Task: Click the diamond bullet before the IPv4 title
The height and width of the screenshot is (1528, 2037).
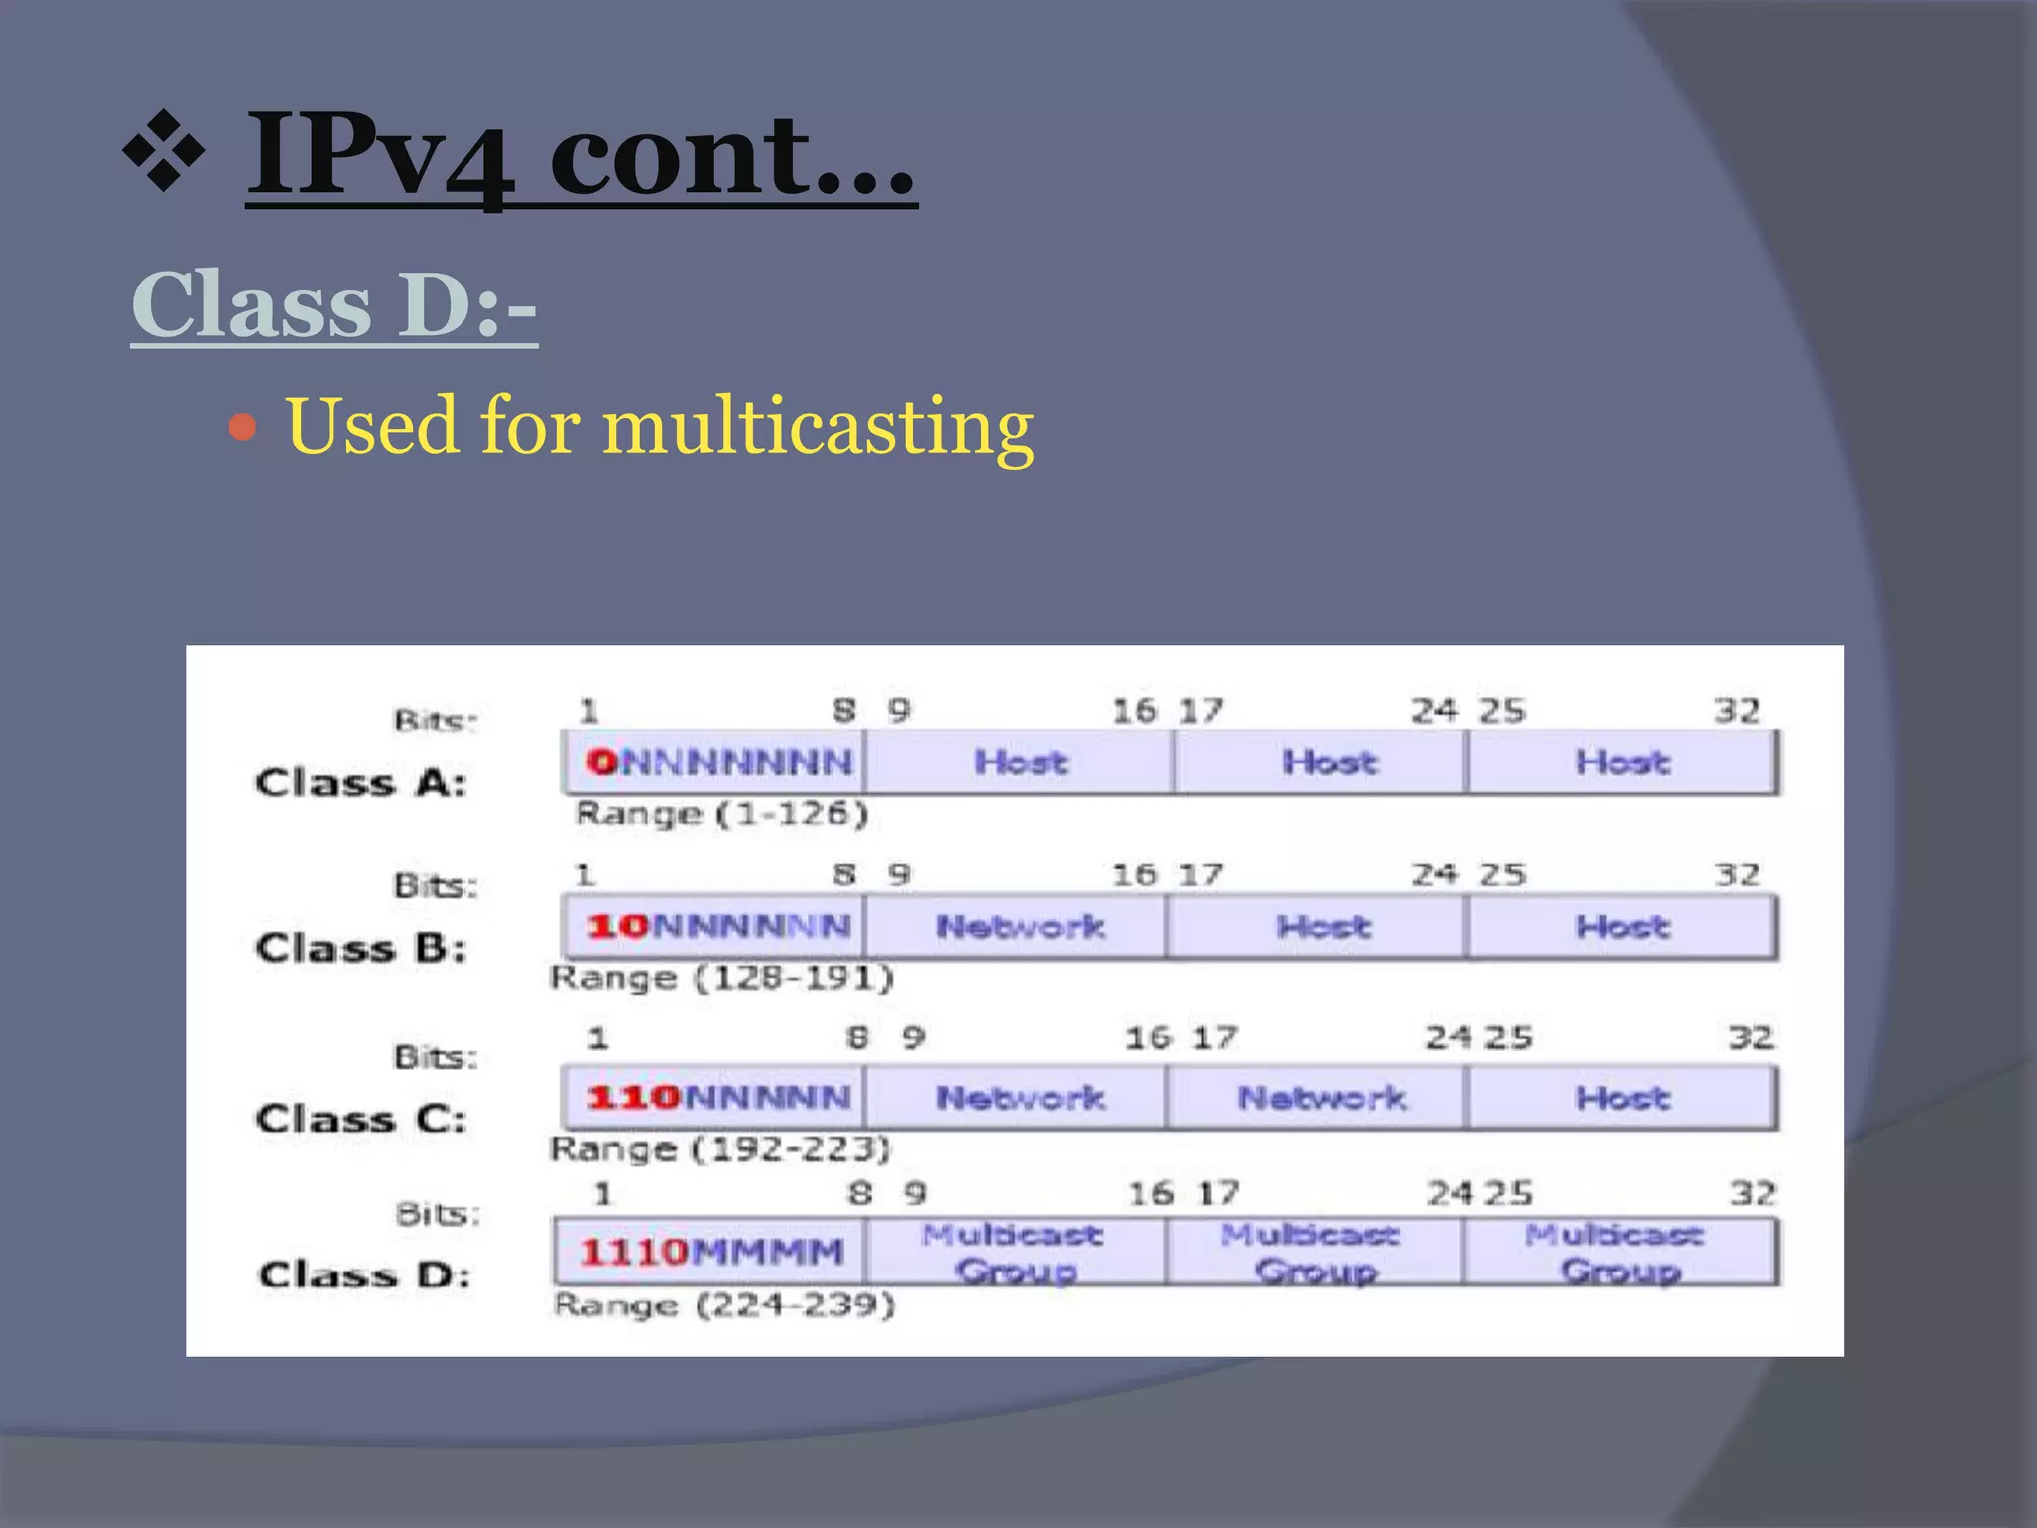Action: tap(164, 151)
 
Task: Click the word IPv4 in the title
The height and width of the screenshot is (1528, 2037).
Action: tap(381, 157)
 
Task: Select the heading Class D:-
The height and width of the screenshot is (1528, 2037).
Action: tap(334, 304)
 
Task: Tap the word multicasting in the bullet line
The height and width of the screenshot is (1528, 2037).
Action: tap(818, 426)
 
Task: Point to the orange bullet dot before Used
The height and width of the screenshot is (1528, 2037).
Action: tap(242, 428)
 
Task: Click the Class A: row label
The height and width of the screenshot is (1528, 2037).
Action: tap(360, 783)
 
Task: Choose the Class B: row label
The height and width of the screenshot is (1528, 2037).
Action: tap(360, 948)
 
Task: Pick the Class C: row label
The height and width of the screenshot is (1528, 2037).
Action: tap(360, 1119)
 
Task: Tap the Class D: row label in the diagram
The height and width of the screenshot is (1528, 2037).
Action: tap(364, 1274)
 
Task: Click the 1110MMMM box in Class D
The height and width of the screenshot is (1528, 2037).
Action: tap(710, 1251)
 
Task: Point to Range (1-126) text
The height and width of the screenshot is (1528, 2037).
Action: tap(722, 814)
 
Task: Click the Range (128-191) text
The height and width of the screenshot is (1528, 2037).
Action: tap(722, 978)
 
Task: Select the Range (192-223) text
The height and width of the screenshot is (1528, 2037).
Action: tap(720, 1149)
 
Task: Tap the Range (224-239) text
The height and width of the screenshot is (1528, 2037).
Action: tap(724, 1304)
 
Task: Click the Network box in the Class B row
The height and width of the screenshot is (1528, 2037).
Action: tap(1018, 927)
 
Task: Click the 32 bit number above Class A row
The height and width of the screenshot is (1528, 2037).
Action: tap(1737, 711)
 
